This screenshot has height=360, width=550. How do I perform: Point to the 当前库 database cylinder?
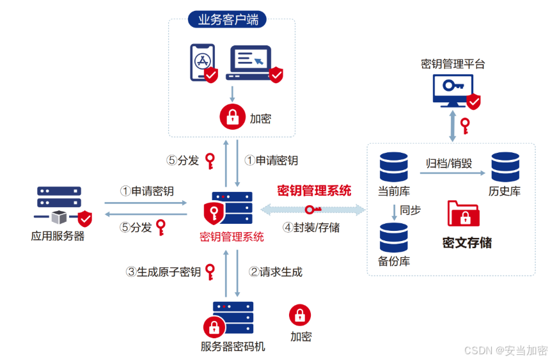[394, 167]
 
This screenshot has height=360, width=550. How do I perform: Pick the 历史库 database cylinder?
[506, 167]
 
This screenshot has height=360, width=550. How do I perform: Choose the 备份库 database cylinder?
[394, 237]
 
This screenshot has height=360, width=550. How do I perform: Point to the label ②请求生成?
[276, 272]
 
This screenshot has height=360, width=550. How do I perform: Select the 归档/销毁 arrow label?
[449, 163]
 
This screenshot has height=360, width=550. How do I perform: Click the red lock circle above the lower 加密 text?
[300, 315]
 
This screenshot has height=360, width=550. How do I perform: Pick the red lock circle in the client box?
[232, 118]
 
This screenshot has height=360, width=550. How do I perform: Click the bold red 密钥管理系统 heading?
[314, 191]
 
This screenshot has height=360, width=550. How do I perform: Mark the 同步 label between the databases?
[411, 210]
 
